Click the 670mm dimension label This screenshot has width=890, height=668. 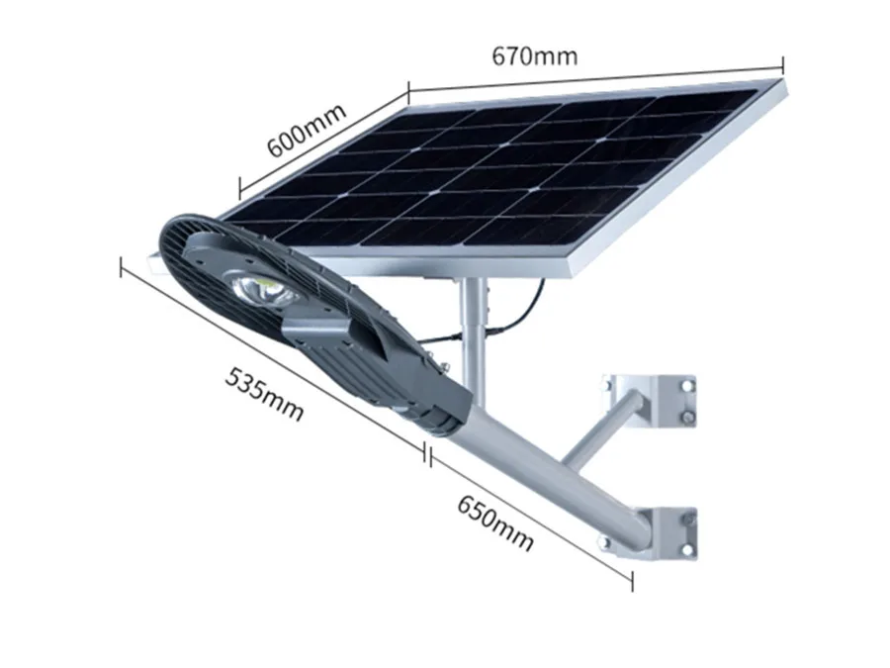tap(535, 56)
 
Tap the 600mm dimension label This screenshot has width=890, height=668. tap(306, 130)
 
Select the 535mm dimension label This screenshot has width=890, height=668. tap(264, 394)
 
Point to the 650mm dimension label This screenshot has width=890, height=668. tap(495, 524)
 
